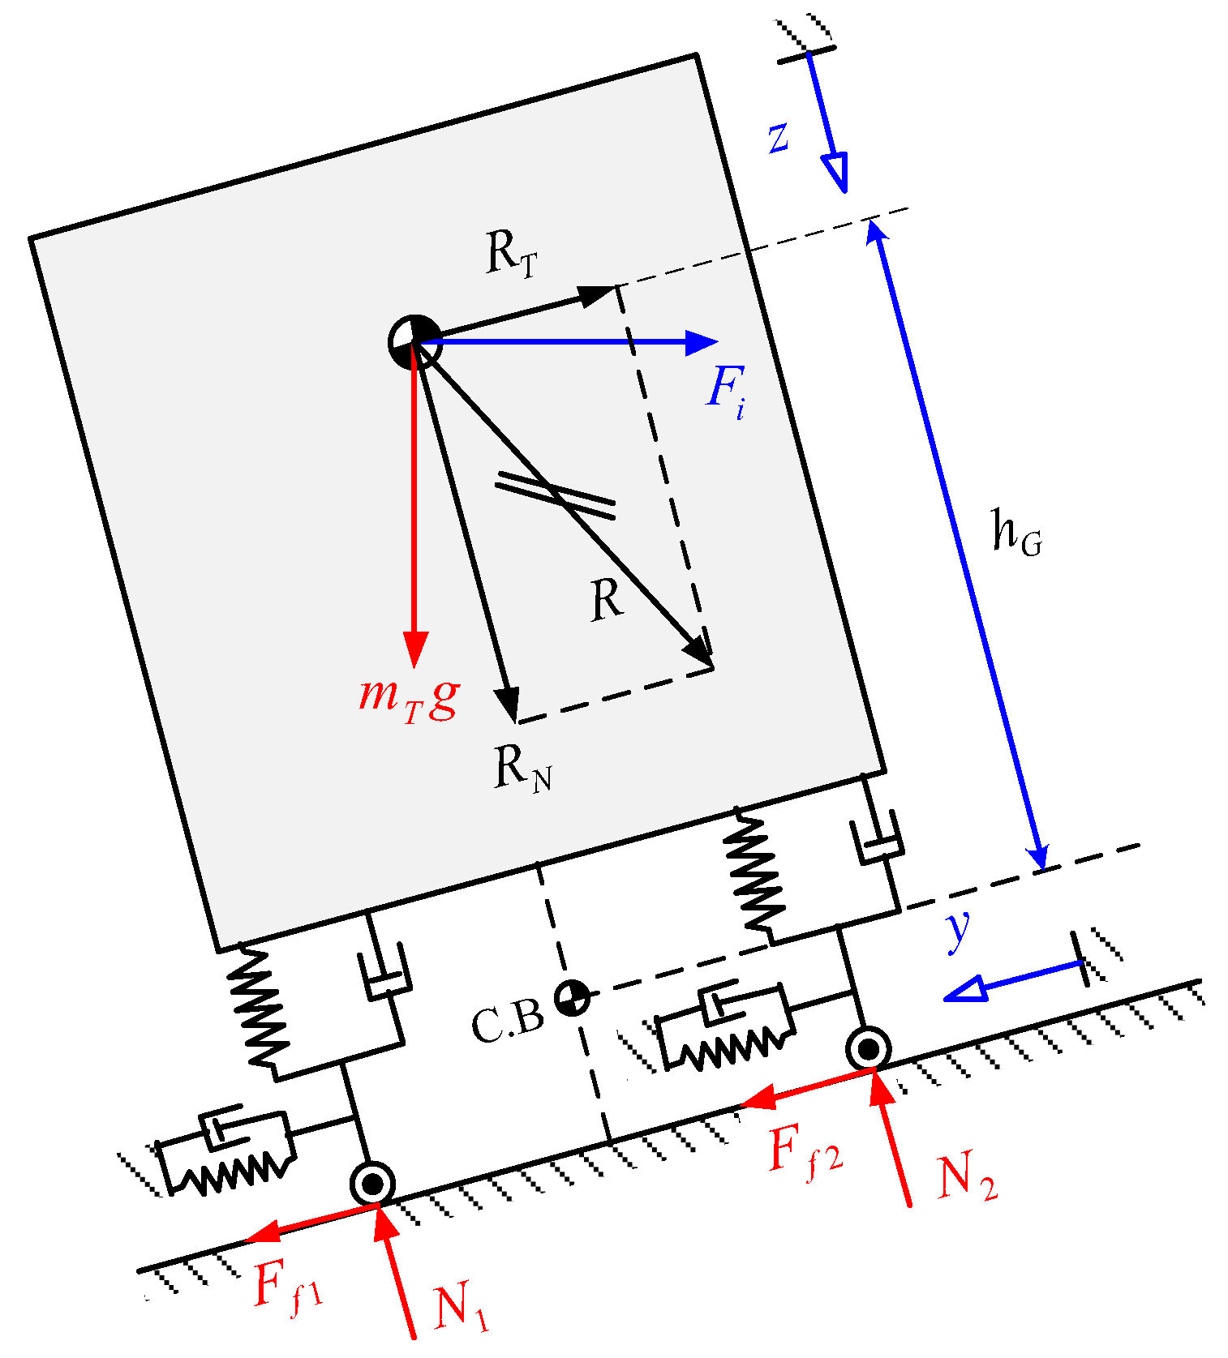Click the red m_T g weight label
[410, 699]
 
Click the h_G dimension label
[1016, 534]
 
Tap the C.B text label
[508, 1023]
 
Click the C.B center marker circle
[572, 996]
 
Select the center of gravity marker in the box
[414, 342]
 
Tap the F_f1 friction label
[287, 1287]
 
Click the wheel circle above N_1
[373, 1185]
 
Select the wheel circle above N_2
[868, 1049]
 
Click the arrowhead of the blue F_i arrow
[701, 343]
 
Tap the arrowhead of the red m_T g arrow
[415, 649]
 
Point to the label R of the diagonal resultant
[606, 601]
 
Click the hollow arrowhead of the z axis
[836, 171]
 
